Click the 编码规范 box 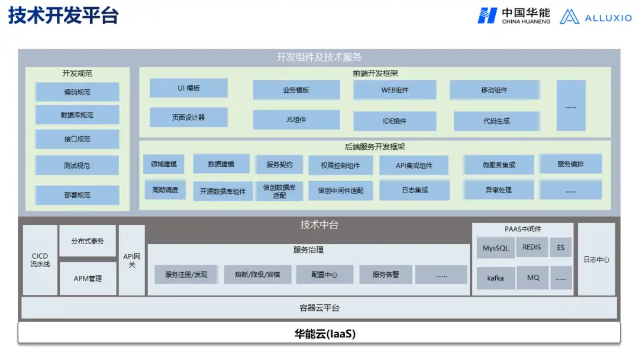[77, 92]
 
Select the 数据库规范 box [77, 115]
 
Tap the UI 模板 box [188, 88]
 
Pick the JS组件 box [296, 120]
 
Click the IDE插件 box [394, 121]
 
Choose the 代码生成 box [496, 121]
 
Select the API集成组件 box [414, 166]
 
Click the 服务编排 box [570, 164]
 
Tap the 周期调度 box [164, 190]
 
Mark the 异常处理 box [498, 190]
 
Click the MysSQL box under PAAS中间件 [495, 248]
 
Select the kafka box [495, 278]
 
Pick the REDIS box [531, 247]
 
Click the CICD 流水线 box [40, 261]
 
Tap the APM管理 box [88, 278]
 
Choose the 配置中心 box [325, 275]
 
